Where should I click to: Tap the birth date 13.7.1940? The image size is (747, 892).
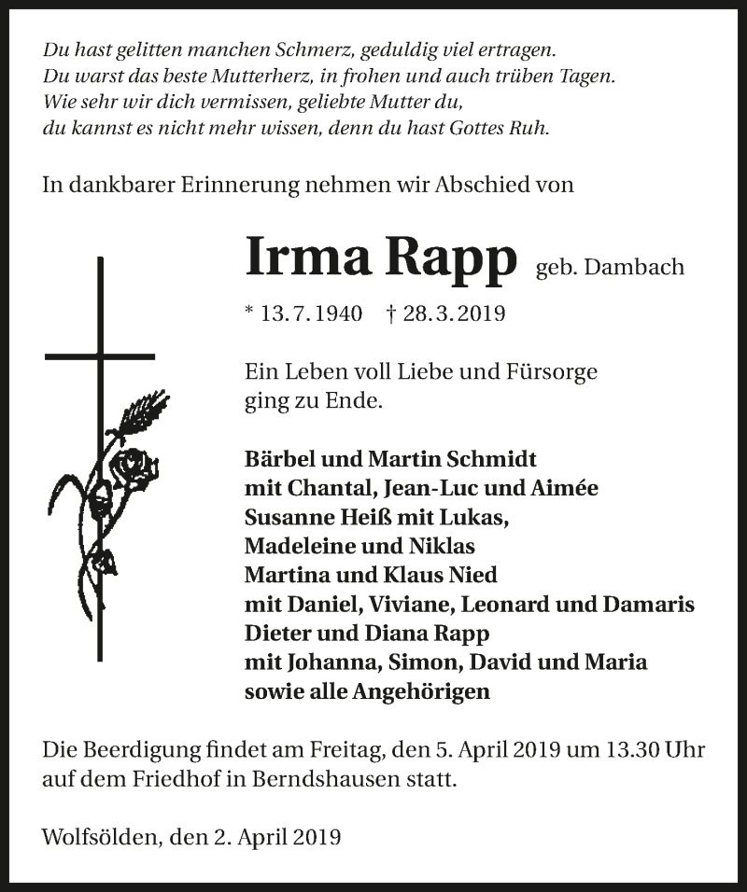pos(303,314)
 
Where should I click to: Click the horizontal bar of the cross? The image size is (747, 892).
pos(100,355)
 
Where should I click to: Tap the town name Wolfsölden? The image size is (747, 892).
pos(97,837)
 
